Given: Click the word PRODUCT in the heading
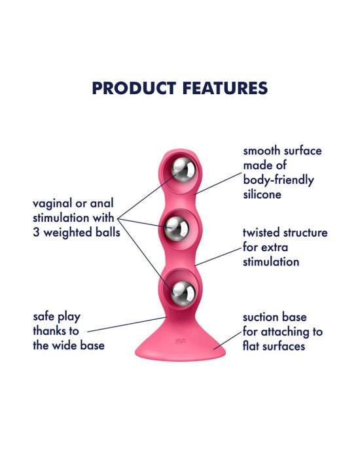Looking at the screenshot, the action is (134, 88).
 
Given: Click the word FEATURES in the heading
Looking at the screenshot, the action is (225, 88).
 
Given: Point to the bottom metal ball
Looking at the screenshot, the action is (183, 293).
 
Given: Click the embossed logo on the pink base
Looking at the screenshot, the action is (180, 341).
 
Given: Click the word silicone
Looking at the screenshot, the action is (262, 194).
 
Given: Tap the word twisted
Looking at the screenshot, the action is (261, 232).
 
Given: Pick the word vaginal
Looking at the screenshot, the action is (52, 204).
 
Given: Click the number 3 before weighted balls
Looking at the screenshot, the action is (36, 232).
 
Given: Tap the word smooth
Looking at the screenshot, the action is (261, 151).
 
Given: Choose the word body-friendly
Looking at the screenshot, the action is (278, 181).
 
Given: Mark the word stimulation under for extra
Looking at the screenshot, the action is (271, 262).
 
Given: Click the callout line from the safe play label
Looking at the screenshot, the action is (127, 324).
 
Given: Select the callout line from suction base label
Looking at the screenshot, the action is (228, 341).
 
